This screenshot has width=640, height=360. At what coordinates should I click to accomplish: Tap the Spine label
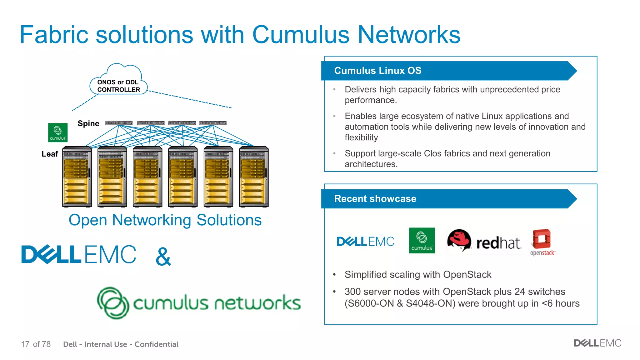(x=88, y=123)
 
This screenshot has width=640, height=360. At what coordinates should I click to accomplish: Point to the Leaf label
(x=50, y=154)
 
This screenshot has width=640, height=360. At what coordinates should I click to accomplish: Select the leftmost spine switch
(x=119, y=123)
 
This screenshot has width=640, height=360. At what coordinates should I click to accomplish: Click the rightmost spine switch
(x=212, y=123)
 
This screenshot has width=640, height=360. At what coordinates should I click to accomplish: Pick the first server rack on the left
(x=77, y=177)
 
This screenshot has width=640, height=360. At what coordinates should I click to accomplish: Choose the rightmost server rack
(x=254, y=177)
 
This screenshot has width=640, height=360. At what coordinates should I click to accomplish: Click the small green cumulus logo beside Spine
(x=58, y=132)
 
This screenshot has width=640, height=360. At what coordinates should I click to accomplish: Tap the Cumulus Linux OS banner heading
(x=378, y=71)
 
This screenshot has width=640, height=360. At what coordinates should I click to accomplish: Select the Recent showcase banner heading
(x=375, y=199)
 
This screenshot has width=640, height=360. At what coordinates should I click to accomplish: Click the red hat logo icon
(x=459, y=240)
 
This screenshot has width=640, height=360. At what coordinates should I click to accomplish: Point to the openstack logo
(x=542, y=242)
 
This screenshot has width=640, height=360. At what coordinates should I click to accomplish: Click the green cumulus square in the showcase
(x=422, y=240)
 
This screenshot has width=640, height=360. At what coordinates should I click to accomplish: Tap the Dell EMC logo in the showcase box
(x=365, y=241)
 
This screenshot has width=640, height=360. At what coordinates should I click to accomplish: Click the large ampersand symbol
(x=163, y=257)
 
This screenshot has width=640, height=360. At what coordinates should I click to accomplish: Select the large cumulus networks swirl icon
(x=113, y=303)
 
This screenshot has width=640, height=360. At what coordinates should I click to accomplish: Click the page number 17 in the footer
(x=25, y=344)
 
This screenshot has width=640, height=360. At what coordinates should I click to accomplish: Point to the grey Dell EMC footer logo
(x=597, y=343)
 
